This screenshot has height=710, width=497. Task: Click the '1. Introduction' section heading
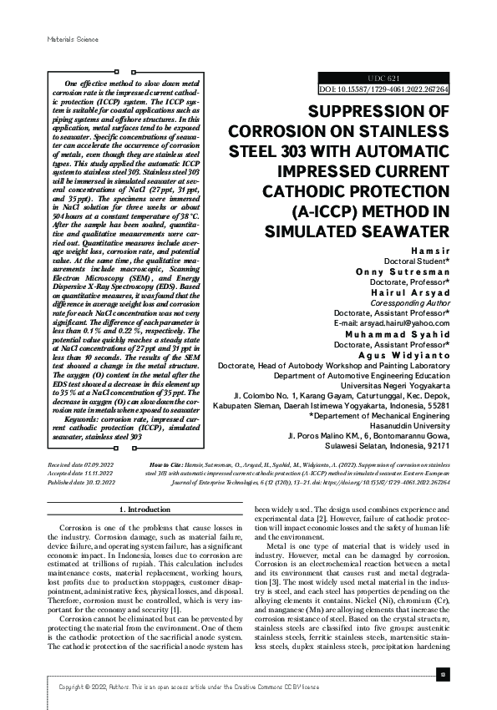pyautogui.click(x=147, y=510)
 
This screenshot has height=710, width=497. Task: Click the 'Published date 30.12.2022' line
pyautogui.click(x=81, y=482)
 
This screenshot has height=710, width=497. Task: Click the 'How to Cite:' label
pyautogui.click(x=167, y=462)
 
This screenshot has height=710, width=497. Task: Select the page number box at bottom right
pyautogui.click(x=444, y=674)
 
